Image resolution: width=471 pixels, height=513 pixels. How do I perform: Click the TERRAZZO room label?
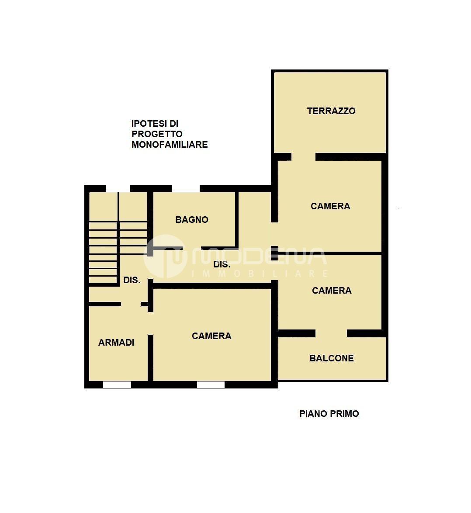(331, 111)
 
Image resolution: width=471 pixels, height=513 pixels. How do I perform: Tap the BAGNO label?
(192, 219)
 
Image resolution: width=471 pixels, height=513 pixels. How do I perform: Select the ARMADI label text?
(116, 343)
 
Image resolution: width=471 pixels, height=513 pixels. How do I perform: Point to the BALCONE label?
(331, 358)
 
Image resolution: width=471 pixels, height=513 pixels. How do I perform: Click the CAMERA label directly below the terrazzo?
(330, 206)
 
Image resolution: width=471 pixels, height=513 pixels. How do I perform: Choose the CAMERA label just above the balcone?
(332, 291)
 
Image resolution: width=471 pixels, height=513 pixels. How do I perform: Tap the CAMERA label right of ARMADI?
(211, 336)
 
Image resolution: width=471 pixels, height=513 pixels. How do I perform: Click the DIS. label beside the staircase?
(132, 280)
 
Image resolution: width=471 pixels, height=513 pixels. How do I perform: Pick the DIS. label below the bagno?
(222, 264)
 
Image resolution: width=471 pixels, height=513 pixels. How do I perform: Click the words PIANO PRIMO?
(329, 414)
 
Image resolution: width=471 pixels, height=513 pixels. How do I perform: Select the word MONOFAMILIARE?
(170, 145)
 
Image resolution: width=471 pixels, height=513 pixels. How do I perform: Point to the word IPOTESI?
(149, 124)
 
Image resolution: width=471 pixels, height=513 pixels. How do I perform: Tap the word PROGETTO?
(157, 134)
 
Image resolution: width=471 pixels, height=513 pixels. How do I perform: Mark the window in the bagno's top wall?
(185, 189)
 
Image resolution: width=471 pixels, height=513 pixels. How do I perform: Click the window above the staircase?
(118, 189)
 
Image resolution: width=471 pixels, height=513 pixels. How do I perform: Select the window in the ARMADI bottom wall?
(117, 385)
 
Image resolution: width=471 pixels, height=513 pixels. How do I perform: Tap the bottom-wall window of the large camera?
(211, 385)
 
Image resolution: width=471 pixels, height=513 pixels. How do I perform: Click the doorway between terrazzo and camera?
(304, 157)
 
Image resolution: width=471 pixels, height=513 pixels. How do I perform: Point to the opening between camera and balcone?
(331, 333)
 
